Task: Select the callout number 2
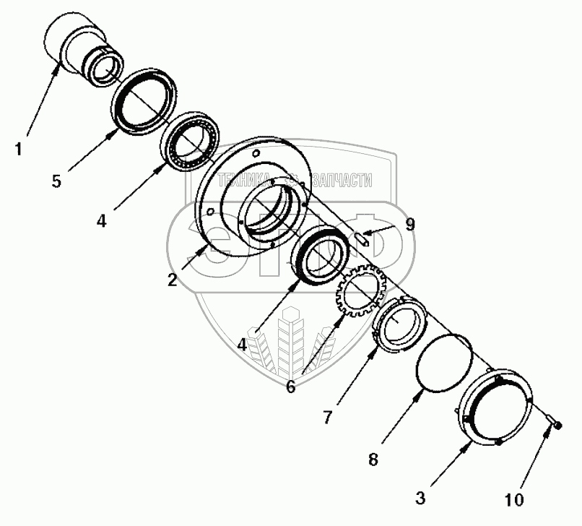click(x=172, y=280)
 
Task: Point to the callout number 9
click(x=409, y=225)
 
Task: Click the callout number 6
click(x=290, y=387)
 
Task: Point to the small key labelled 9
click(x=364, y=239)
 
